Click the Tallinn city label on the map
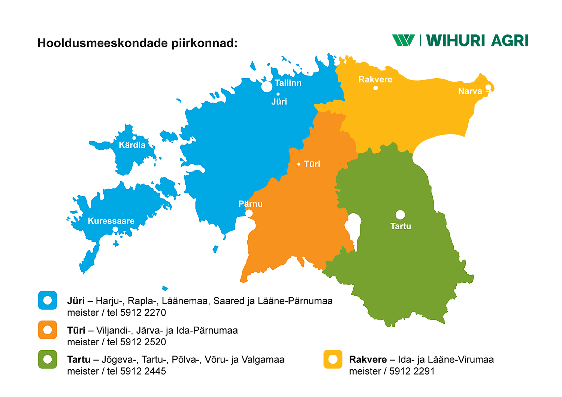click(288, 83)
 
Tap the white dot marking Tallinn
click(267, 87)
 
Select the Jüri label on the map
click(279, 102)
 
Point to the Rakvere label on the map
click(375, 80)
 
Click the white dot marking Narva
click(488, 87)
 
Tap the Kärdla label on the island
click(132, 145)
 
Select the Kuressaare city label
click(111, 221)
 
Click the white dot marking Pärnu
click(249, 213)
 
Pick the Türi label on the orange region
click(312, 164)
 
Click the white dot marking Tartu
click(400, 215)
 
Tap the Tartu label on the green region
click(401, 226)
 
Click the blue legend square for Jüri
click(48, 300)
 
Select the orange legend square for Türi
click(48, 330)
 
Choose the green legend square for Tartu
click(48, 359)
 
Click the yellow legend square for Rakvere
click(333, 359)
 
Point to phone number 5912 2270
click(143, 313)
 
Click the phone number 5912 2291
click(412, 371)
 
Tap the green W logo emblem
click(403, 40)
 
